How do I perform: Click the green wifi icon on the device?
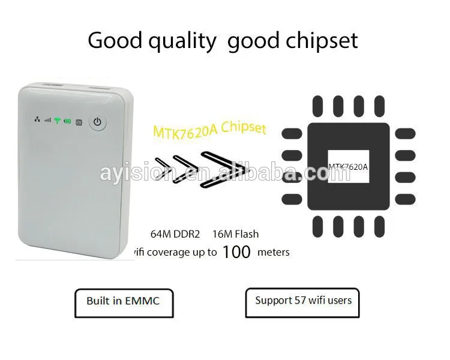click(57, 121)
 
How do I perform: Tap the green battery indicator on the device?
click(67, 121)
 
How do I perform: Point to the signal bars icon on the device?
click(47, 121)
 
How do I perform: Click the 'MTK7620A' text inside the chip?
click(348, 167)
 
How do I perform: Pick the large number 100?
click(236, 252)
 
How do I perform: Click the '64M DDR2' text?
click(175, 234)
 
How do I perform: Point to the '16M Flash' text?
click(236, 234)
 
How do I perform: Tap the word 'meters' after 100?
click(273, 253)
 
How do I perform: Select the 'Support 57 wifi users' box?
click(302, 302)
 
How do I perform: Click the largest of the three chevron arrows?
click(225, 169)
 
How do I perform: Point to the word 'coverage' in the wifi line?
click(180, 253)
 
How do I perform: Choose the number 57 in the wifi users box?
click(299, 300)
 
